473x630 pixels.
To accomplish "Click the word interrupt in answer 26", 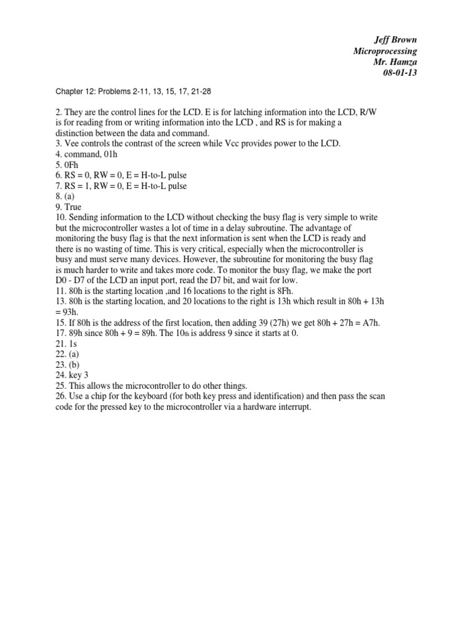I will click(295, 406).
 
